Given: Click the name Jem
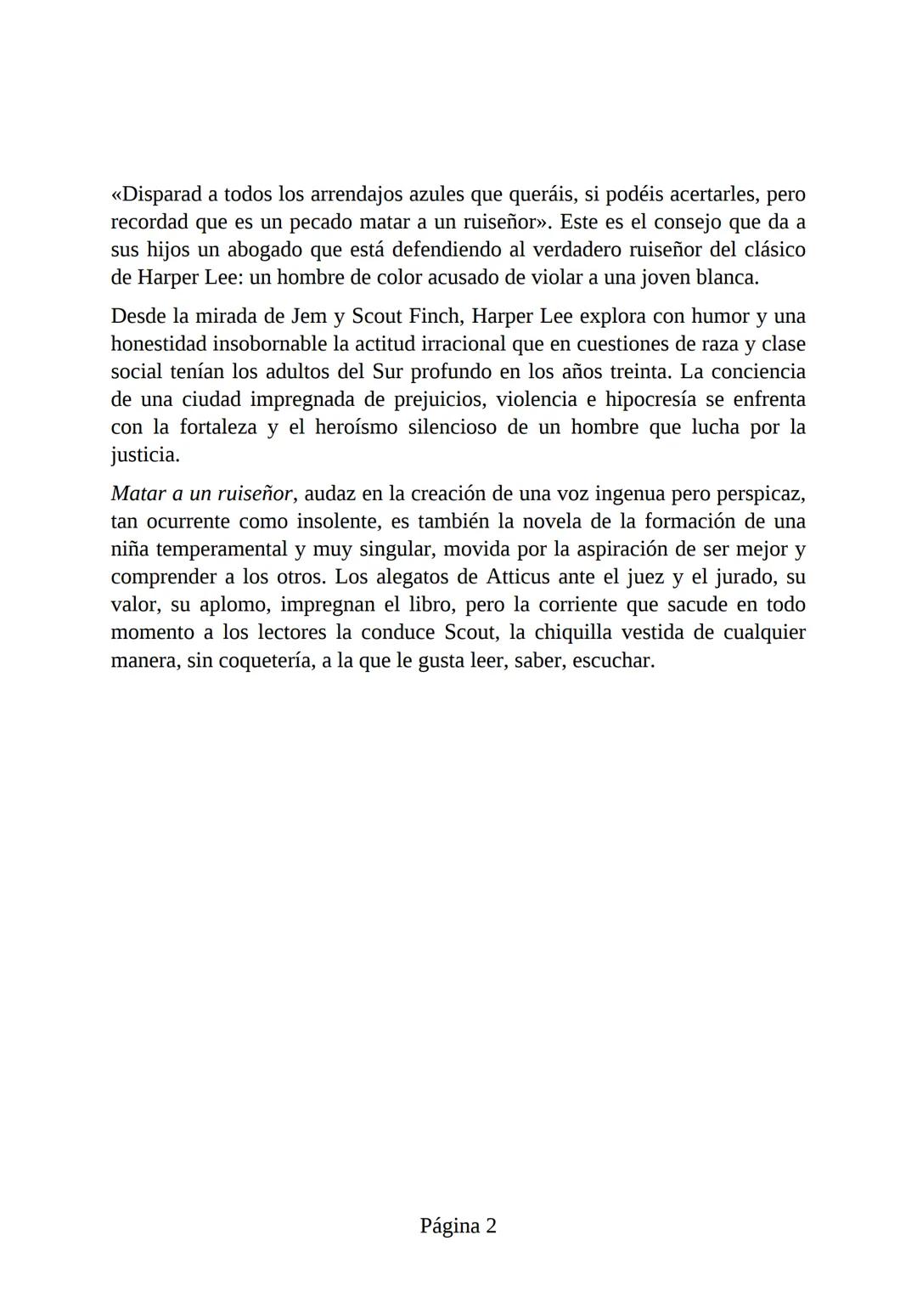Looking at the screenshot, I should [310, 317].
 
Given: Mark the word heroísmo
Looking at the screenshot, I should [356, 427].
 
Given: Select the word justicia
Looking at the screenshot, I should [144, 455].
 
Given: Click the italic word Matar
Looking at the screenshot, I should [138, 493].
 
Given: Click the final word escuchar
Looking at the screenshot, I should [612, 661].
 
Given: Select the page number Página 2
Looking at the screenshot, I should [458, 1226].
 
